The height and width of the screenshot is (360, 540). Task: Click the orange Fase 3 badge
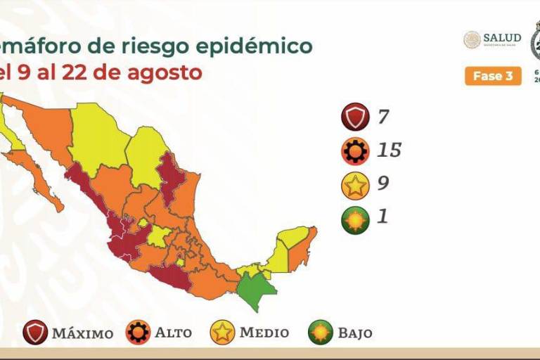493,76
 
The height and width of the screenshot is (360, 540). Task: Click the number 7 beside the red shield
383,117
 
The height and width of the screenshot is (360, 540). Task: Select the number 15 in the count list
388,150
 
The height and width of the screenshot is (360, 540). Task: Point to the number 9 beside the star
382,184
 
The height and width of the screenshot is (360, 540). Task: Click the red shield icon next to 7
355,117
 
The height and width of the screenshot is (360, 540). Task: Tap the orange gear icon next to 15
355,150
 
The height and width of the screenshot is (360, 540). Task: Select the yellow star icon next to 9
355,185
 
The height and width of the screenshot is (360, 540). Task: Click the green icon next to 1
355,219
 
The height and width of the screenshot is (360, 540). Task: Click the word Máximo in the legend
82,333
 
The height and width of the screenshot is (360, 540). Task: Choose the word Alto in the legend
174,333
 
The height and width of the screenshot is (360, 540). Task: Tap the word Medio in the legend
264,333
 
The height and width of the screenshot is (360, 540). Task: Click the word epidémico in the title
260,46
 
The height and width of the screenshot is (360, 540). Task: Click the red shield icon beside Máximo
35,332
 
